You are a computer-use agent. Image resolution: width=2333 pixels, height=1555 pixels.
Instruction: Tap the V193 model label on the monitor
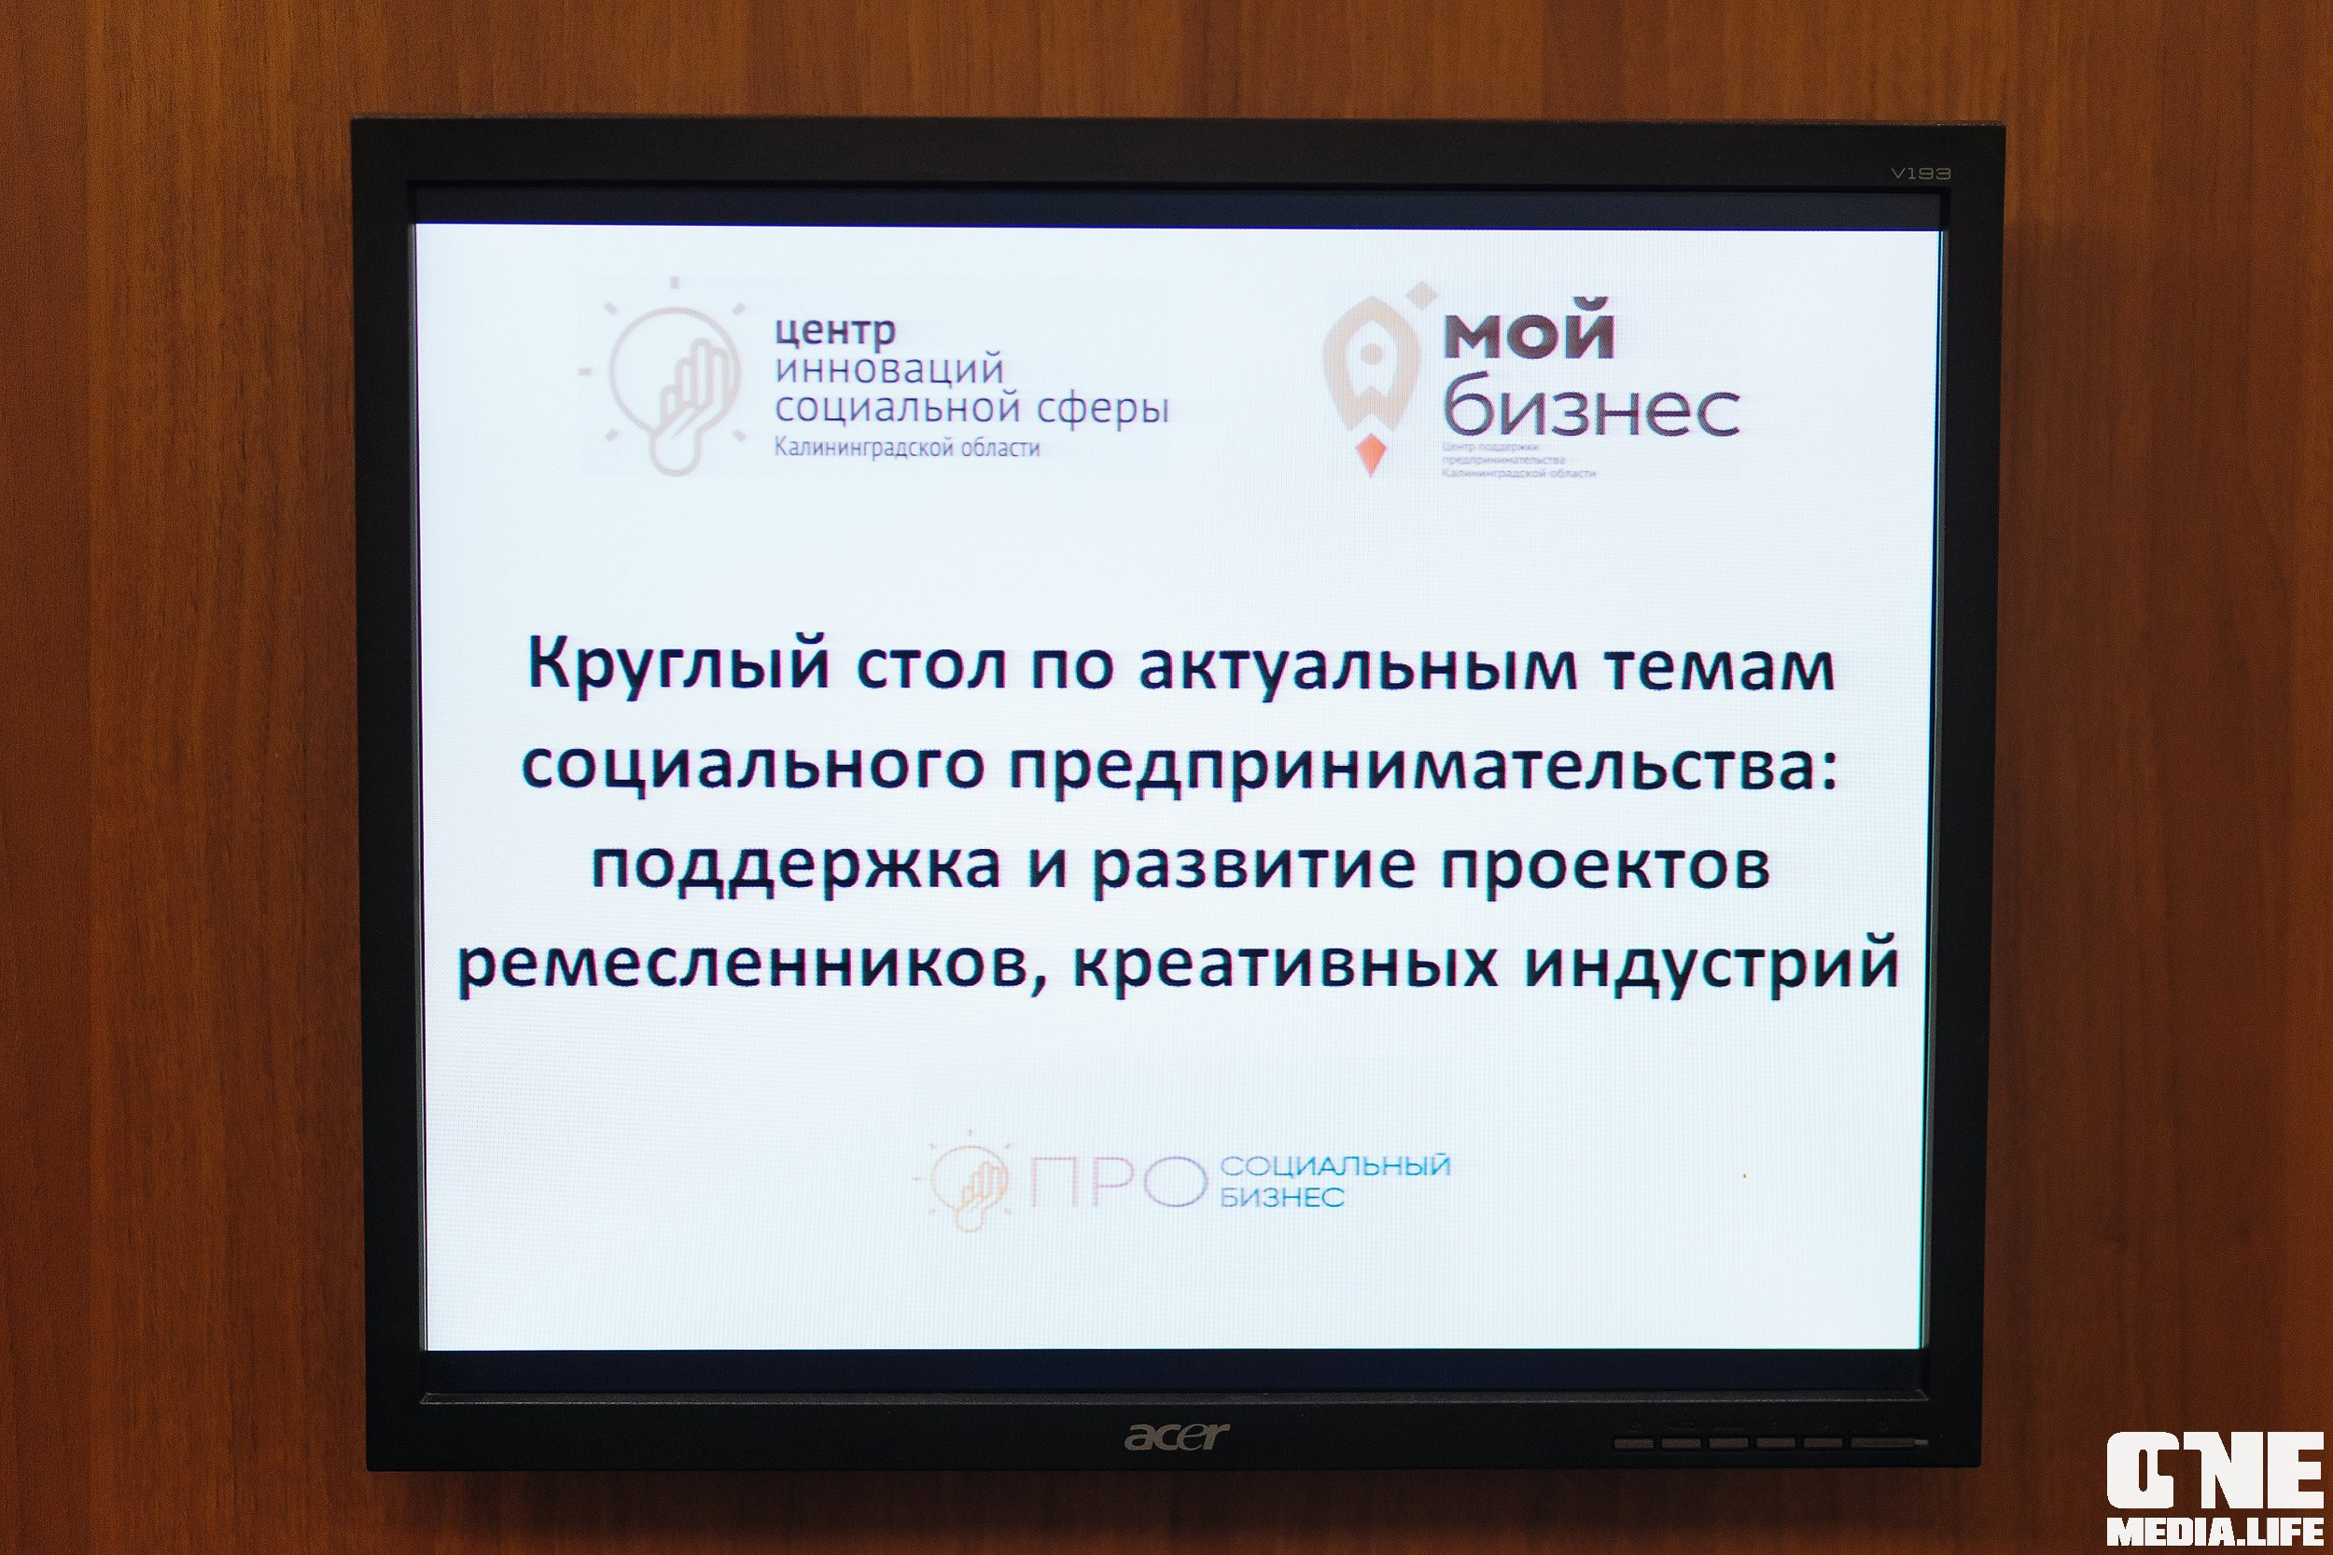coord(1921,174)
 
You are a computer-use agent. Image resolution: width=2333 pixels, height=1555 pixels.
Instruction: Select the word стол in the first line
coord(930,665)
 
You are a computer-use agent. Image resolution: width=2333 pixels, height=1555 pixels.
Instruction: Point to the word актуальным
coord(1357,665)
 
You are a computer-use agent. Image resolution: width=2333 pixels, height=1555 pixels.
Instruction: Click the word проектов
coord(1605,866)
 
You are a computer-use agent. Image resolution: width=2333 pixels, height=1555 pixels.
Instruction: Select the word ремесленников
coord(752,964)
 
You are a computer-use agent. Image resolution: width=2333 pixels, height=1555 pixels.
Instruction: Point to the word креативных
coord(1286,962)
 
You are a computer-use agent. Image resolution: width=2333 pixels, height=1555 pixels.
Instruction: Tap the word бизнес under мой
coord(1591,408)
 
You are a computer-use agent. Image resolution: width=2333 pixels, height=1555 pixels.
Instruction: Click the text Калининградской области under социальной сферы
coord(907,449)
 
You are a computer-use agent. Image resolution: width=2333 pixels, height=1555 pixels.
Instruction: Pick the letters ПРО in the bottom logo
coord(1111,1182)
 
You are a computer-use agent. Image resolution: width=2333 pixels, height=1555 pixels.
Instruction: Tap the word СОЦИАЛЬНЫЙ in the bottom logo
coord(1335,1165)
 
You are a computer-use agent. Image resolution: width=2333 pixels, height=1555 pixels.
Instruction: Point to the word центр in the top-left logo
coord(835,329)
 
